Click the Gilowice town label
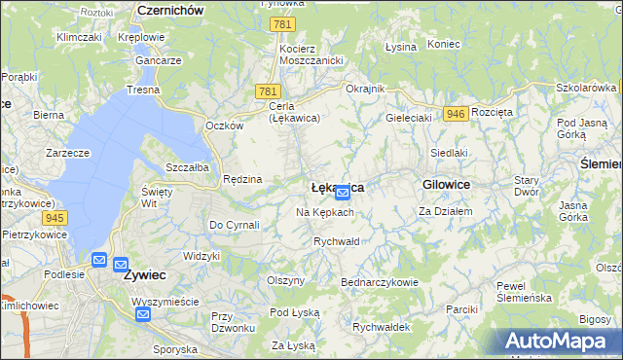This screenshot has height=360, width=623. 447,184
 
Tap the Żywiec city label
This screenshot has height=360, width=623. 145,274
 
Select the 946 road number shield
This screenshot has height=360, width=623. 454,114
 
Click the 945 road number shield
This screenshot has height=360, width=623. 55,217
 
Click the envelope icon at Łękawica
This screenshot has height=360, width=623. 343,192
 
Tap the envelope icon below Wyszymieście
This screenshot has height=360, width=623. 143,313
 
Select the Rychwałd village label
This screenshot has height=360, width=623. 337,240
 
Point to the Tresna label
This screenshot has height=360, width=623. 142,90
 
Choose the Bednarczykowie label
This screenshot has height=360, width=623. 379,282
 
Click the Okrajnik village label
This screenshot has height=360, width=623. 366,89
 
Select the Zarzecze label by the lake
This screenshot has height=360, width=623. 67,153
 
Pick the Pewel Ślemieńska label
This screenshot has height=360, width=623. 524,291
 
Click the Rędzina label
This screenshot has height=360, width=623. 242,179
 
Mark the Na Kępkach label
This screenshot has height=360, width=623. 324,212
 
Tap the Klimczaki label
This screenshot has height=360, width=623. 80,37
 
